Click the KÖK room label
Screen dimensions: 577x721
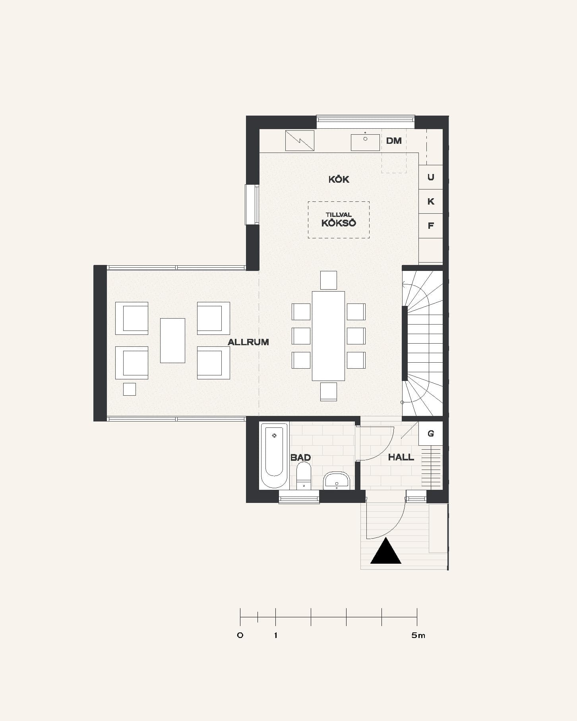click(339, 179)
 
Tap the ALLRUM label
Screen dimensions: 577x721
click(248, 342)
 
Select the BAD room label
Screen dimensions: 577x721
click(300, 457)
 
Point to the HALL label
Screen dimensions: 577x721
click(401, 457)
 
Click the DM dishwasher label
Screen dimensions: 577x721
click(394, 141)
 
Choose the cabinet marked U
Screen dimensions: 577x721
click(431, 177)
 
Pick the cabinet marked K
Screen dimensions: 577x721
click(431, 201)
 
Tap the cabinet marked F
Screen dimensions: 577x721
click(431, 226)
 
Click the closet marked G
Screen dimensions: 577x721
click(431, 433)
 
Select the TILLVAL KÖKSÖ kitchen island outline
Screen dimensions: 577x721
click(339, 202)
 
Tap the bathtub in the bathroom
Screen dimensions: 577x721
click(274, 455)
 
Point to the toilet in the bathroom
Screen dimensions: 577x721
click(304, 476)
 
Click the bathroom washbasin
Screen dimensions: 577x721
click(337, 480)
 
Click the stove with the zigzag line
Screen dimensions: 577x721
click(300, 141)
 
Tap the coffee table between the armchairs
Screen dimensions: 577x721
click(172, 340)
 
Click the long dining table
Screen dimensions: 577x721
click(328, 336)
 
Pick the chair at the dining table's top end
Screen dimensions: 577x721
click(329, 280)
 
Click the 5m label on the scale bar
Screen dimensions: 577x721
click(418, 635)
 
